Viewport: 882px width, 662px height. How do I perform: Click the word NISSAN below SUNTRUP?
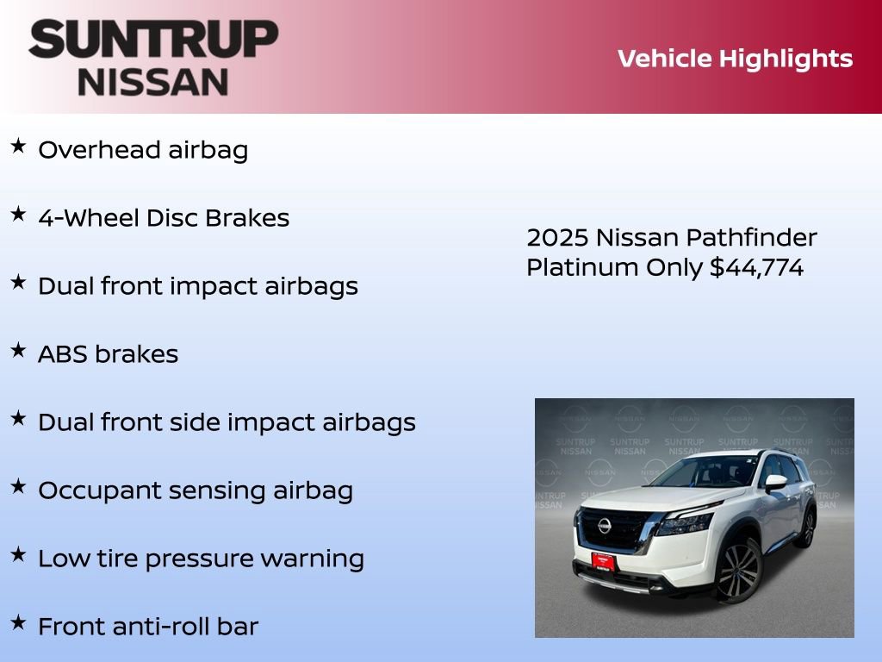tap(153, 82)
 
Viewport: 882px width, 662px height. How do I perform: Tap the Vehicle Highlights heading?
tap(735, 59)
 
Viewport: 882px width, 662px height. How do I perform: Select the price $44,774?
tap(756, 268)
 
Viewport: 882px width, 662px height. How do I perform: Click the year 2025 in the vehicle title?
tap(556, 238)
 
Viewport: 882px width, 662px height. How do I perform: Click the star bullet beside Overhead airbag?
tap(18, 147)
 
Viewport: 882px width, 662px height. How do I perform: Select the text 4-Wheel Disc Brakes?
tap(164, 218)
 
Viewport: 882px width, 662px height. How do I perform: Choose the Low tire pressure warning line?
tap(201, 559)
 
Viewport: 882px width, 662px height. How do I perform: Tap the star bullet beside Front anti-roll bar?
tap(18, 622)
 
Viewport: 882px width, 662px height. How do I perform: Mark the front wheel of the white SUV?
tap(738, 571)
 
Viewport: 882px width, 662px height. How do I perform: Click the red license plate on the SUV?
tap(603, 560)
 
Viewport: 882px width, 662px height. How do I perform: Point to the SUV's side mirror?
tap(775, 483)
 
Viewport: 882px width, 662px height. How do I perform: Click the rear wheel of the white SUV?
tap(808, 528)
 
